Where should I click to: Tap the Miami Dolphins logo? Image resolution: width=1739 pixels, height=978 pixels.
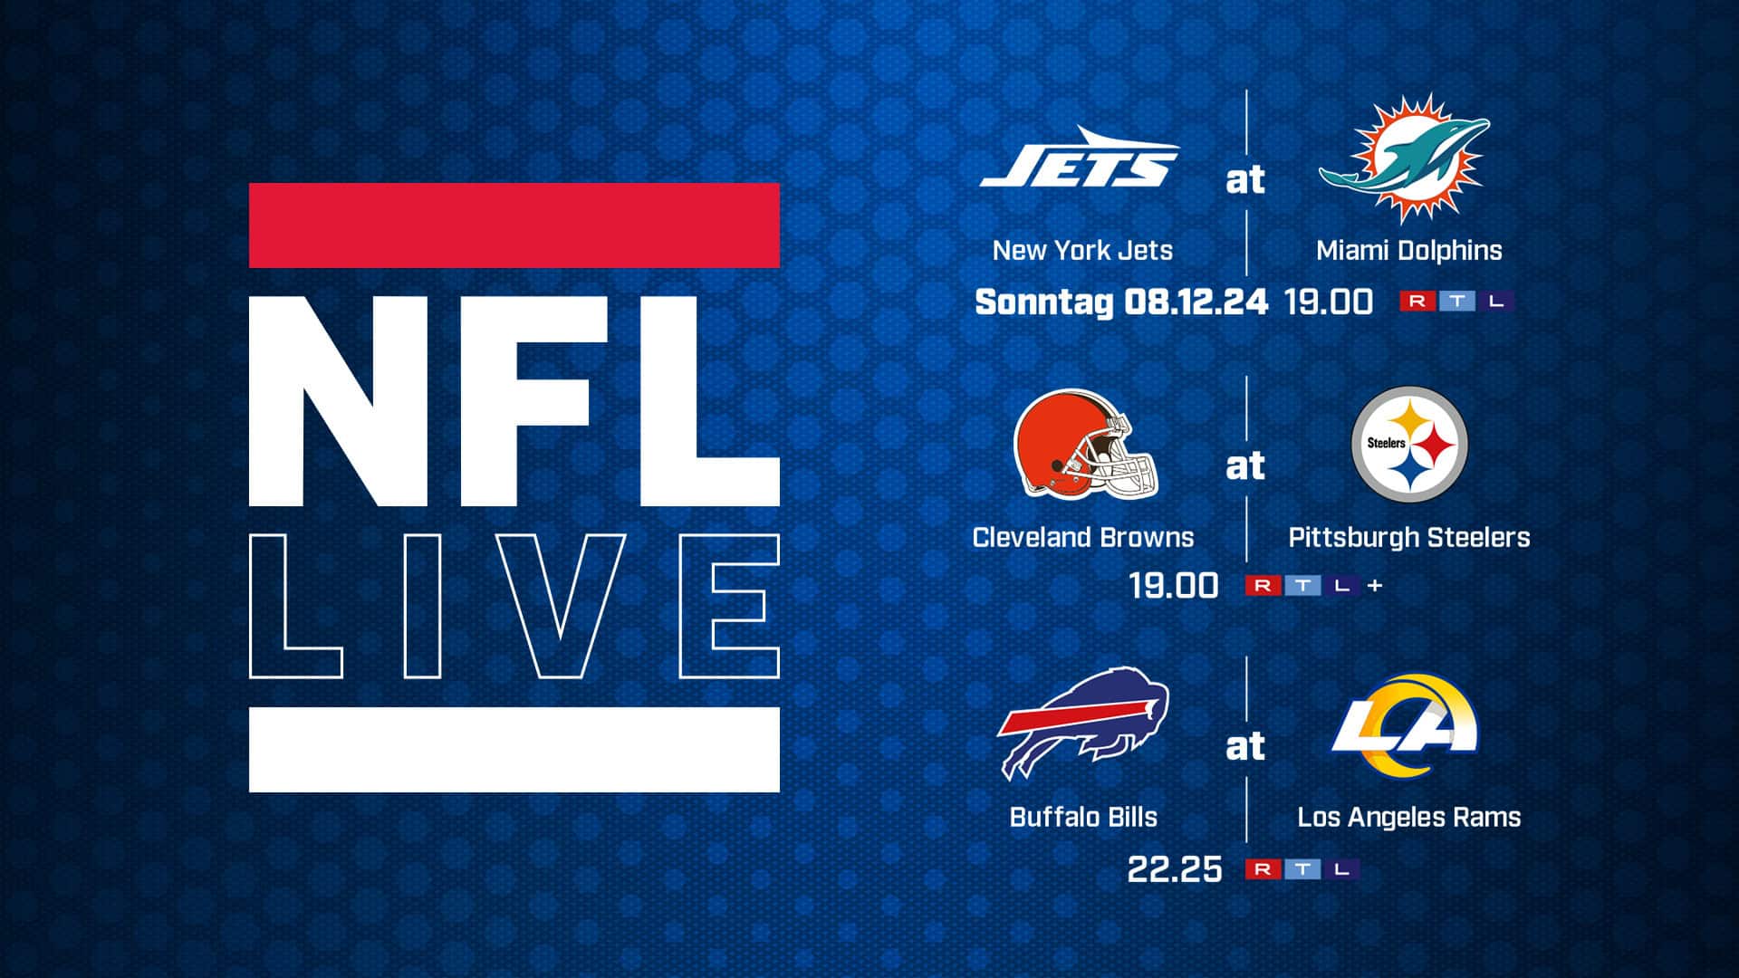[x=1403, y=159]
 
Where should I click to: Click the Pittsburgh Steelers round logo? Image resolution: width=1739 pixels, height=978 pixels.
[x=1409, y=444]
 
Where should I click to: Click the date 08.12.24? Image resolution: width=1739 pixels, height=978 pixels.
[x=1196, y=302]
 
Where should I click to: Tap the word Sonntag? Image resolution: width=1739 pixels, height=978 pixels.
[x=1043, y=302]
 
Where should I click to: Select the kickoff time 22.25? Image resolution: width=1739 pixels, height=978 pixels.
[x=1175, y=869]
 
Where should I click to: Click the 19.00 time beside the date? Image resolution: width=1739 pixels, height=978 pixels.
[x=1329, y=302]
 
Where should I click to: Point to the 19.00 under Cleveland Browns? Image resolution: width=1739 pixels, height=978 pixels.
[x=1174, y=586]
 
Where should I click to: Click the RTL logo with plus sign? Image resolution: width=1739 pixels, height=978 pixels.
[x=1314, y=586]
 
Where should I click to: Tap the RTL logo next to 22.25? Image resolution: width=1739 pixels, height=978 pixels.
[x=1302, y=869]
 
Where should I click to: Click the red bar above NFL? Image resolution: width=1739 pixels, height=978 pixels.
[x=514, y=225]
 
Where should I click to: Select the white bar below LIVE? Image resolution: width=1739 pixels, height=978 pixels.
[x=514, y=750]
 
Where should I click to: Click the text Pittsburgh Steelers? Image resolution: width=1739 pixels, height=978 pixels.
[x=1409, y=538]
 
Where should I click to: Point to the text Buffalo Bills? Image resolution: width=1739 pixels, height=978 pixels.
[x=1083, y=817]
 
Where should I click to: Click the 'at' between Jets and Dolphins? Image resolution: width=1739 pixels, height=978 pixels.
[x=1245, y=181]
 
